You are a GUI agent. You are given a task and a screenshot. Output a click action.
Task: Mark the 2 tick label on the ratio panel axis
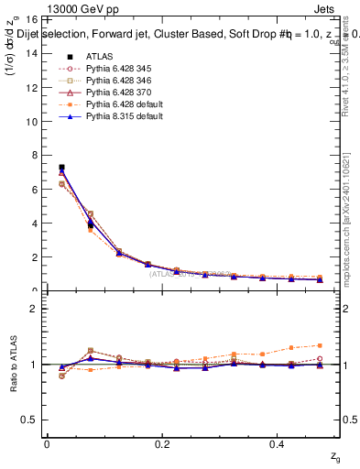[36, 309]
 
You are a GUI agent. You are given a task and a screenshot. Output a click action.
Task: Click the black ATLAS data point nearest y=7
[61, 168]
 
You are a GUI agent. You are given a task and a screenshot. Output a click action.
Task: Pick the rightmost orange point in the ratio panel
[320, 345]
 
